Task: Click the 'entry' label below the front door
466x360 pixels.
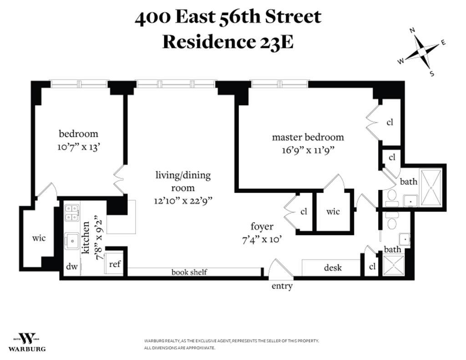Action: [282, 286]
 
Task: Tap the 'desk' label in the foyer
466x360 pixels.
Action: [333, 268]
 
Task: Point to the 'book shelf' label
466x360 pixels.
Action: [189, 272]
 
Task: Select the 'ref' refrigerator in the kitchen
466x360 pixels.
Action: [115, 264]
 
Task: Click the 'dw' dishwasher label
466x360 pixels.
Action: [71, 266]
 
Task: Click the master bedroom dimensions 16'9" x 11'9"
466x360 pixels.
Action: [308, 150]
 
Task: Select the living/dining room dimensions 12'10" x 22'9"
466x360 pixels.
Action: [183, 201]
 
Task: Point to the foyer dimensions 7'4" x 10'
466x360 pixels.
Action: [262, 239]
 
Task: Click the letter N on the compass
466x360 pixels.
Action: [412, 30]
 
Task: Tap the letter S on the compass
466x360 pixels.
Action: [432, 73]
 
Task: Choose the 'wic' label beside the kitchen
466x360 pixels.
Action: [39, 238]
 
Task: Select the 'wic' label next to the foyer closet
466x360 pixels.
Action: [333, 211]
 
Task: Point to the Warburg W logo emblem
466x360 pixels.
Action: [28, 339]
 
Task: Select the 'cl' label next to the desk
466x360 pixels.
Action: [372, 267]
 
